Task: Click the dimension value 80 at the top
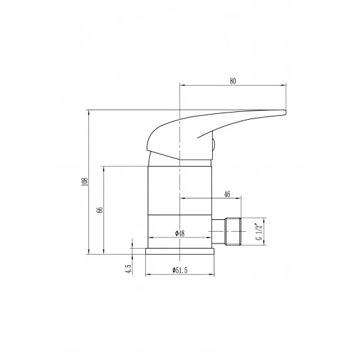tap(232, 81)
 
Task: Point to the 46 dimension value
tap(226, 194)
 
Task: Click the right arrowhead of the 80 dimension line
tap(285, 85)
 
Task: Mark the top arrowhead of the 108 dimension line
tap(89, 112)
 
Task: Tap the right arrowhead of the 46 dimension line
tap(240, 198)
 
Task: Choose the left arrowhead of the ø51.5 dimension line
tap(147, 274)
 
